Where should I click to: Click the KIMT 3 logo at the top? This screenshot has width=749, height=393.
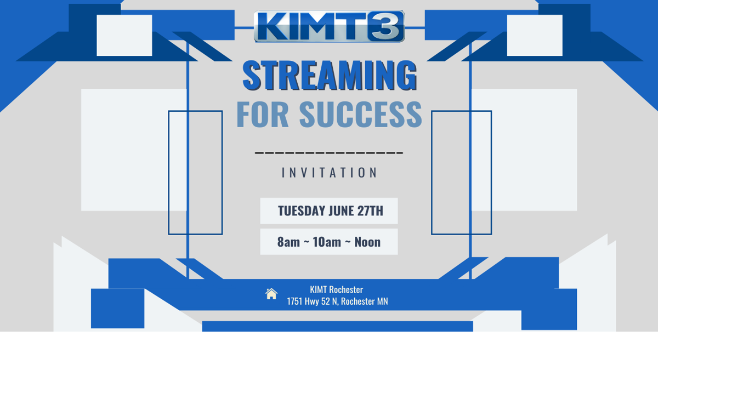point(329,26)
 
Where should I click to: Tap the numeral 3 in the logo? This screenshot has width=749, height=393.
point(387,26)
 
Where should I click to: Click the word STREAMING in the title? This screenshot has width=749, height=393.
point(330,75)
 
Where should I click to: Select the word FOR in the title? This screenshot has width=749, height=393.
point(262,115)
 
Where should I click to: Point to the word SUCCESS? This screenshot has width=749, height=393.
point(360,115)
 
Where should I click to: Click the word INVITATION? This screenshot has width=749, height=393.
point(330,173)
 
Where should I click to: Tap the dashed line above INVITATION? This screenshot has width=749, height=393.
point(329,152)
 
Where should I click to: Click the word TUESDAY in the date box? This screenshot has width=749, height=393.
point(302,211)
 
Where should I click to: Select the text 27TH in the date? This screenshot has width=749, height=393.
point(370,211)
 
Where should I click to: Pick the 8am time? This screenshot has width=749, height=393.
point(288,242)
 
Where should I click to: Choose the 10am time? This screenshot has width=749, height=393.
point(327,242)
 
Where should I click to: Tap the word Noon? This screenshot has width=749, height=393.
point(367,242)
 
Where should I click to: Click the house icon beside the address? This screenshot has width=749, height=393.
point(271,294)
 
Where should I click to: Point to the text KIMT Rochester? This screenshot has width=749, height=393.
point(336,289)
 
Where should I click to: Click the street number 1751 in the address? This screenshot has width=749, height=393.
point(295,301)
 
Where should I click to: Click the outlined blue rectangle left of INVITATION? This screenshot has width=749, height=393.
point(195,173)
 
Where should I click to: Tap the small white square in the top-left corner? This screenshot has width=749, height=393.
point(124,35)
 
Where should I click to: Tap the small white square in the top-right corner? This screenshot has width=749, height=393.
point(535,35)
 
